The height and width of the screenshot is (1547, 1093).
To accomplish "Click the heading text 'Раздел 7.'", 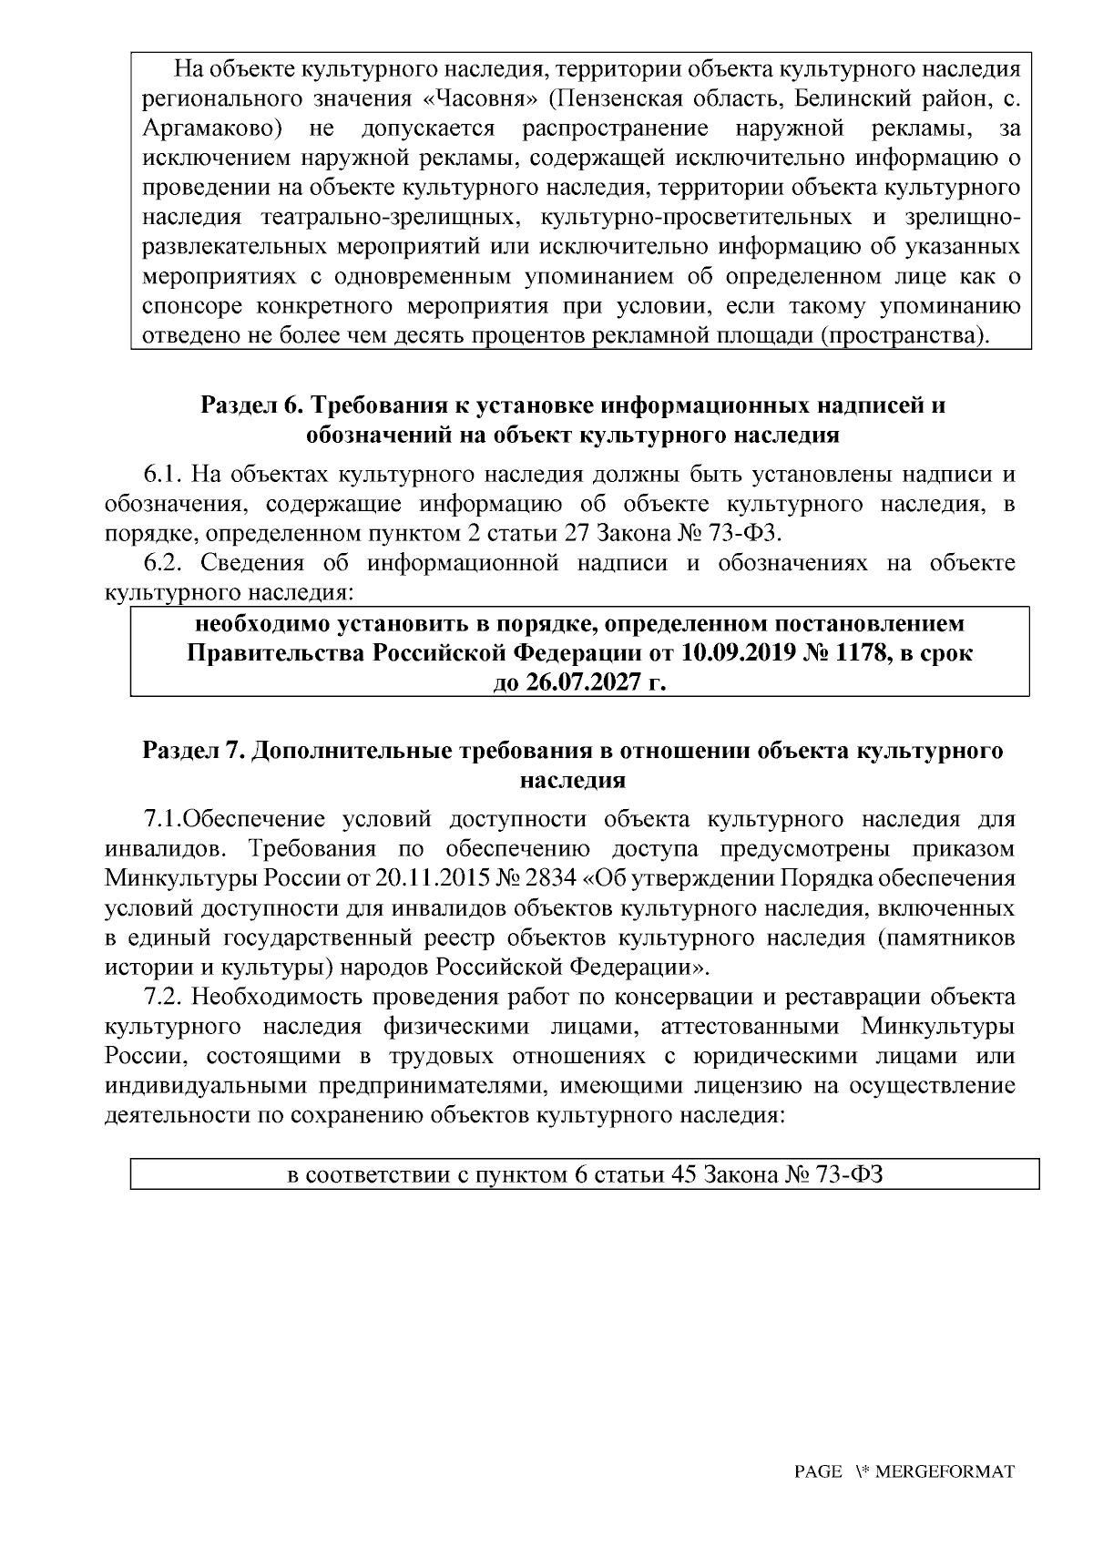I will tap(193, 752).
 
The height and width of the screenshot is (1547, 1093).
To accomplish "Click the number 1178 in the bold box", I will tap(863, 654).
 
